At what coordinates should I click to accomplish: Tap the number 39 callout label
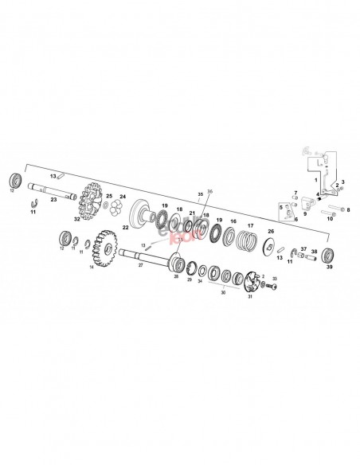point(330,268)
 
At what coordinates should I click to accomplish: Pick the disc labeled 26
point(268,245)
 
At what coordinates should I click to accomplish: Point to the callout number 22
point(126,226)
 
